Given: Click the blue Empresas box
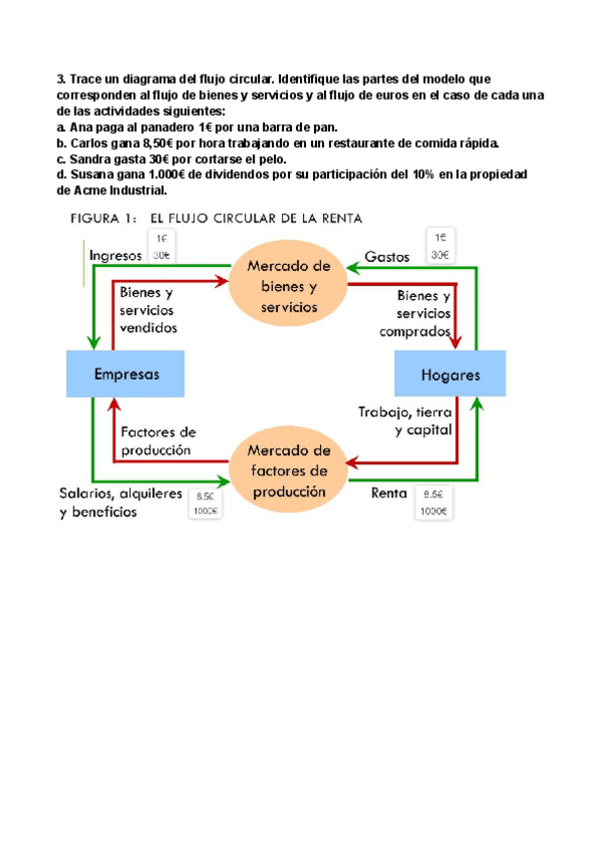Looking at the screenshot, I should (126, 375).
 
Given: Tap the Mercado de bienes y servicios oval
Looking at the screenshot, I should (289, 287).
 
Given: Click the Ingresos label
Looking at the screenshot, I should (116, 255).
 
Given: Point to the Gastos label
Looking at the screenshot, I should (388, 256).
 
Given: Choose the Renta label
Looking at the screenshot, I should (388, 492).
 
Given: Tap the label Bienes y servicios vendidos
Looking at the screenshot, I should (148, 310).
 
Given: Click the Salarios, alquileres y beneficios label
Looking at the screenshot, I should (121, 502).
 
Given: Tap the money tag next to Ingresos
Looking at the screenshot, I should (160, 246).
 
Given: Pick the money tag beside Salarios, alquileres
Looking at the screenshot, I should (206, 503).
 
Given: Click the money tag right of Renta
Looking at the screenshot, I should (434, 502).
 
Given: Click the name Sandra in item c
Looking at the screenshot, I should (91, 158).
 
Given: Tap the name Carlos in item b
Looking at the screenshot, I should (90, 142).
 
